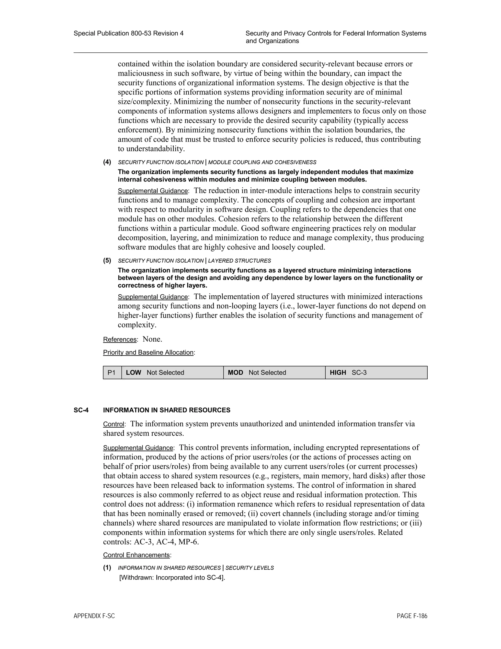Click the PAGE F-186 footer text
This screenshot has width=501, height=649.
(x=412, y=616)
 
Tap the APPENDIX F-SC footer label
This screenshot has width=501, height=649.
(x=94, y=616)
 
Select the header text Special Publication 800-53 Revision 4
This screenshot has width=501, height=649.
(x=128, y=33)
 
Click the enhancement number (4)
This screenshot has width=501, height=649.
(x=107, y=162)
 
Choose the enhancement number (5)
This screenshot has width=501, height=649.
(x=107, y=261)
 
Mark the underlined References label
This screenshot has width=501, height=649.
(x=120, y=339)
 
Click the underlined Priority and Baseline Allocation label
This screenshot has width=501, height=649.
(x=148, y=352)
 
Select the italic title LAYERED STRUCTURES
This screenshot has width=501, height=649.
(x=239, y=261)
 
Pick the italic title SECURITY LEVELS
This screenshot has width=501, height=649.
(x=250, y=568)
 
